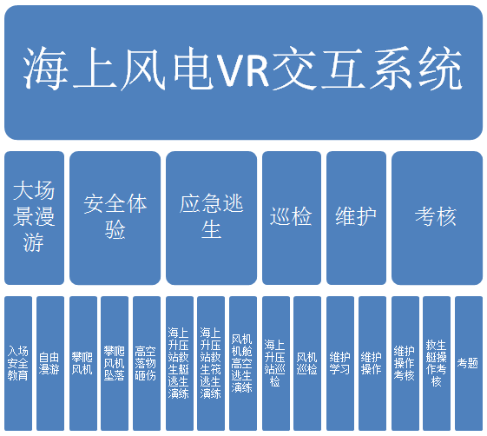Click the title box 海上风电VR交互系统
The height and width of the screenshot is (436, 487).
[x=243, y=72]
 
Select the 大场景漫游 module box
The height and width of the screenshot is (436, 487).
[x=34, y=218]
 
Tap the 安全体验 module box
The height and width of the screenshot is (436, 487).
[x=115, y=218]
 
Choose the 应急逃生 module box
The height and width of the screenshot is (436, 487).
[x=211, y=218]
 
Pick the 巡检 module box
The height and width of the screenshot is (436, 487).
[x=292, y=218]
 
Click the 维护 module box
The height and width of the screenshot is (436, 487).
[x=356, y=218]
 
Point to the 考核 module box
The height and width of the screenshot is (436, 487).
[x=437, y=218]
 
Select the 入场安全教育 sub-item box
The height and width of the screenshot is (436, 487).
[x=18, y=363]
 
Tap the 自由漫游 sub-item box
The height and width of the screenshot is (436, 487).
[x=50, y=363]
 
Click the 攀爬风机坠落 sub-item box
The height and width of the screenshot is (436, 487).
[x=115, y=363]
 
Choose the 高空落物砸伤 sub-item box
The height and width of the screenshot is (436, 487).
[x=147, y=363]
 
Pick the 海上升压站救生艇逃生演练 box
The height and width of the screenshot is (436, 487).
[x=180, y=363]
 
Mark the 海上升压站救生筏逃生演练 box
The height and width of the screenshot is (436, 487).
[x=211, y=363]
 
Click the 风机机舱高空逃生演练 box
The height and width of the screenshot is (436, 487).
[x=243, y=363]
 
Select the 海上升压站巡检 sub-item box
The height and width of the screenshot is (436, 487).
[x=276, y=363]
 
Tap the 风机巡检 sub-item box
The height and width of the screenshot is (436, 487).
[x=307, y=363]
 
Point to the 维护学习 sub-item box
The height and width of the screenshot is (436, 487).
[x=340, y=363]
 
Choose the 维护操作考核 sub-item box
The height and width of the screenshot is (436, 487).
[x=405, y=363]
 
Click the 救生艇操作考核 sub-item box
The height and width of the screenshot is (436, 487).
[x=437, y=363]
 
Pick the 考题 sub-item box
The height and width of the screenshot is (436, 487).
[x=469, y=363]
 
